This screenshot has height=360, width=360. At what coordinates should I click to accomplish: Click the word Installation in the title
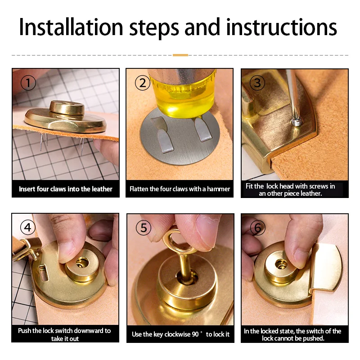pyautogui.click(x=71, y=27)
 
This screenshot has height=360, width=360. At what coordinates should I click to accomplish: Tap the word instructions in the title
pyautogui.click(x=282, y=27)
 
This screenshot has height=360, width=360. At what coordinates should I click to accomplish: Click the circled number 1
pyautogui.click(x=28, y=83)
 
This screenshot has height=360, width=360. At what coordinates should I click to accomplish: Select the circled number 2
pyautogui.click(x=143, y=83)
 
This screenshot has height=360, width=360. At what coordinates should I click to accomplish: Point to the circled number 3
pyautogui.click(x=257, y=83)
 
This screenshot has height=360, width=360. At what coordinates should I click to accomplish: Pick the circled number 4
pyautogui.click(x=28, y=228)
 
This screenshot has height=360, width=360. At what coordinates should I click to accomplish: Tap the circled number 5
pyautogui.click(x=144, y=228)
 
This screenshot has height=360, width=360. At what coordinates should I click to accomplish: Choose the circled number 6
pyautogui.click(x=257, y=228)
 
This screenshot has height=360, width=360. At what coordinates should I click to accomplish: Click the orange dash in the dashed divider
pyautogui.click(x=180, y=55)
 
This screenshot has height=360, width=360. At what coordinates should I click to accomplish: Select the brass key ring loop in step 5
pyautogui.click(x=175, y=241)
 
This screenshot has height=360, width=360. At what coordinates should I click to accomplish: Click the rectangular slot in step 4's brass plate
pyautogui.click(x=43, y=273)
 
